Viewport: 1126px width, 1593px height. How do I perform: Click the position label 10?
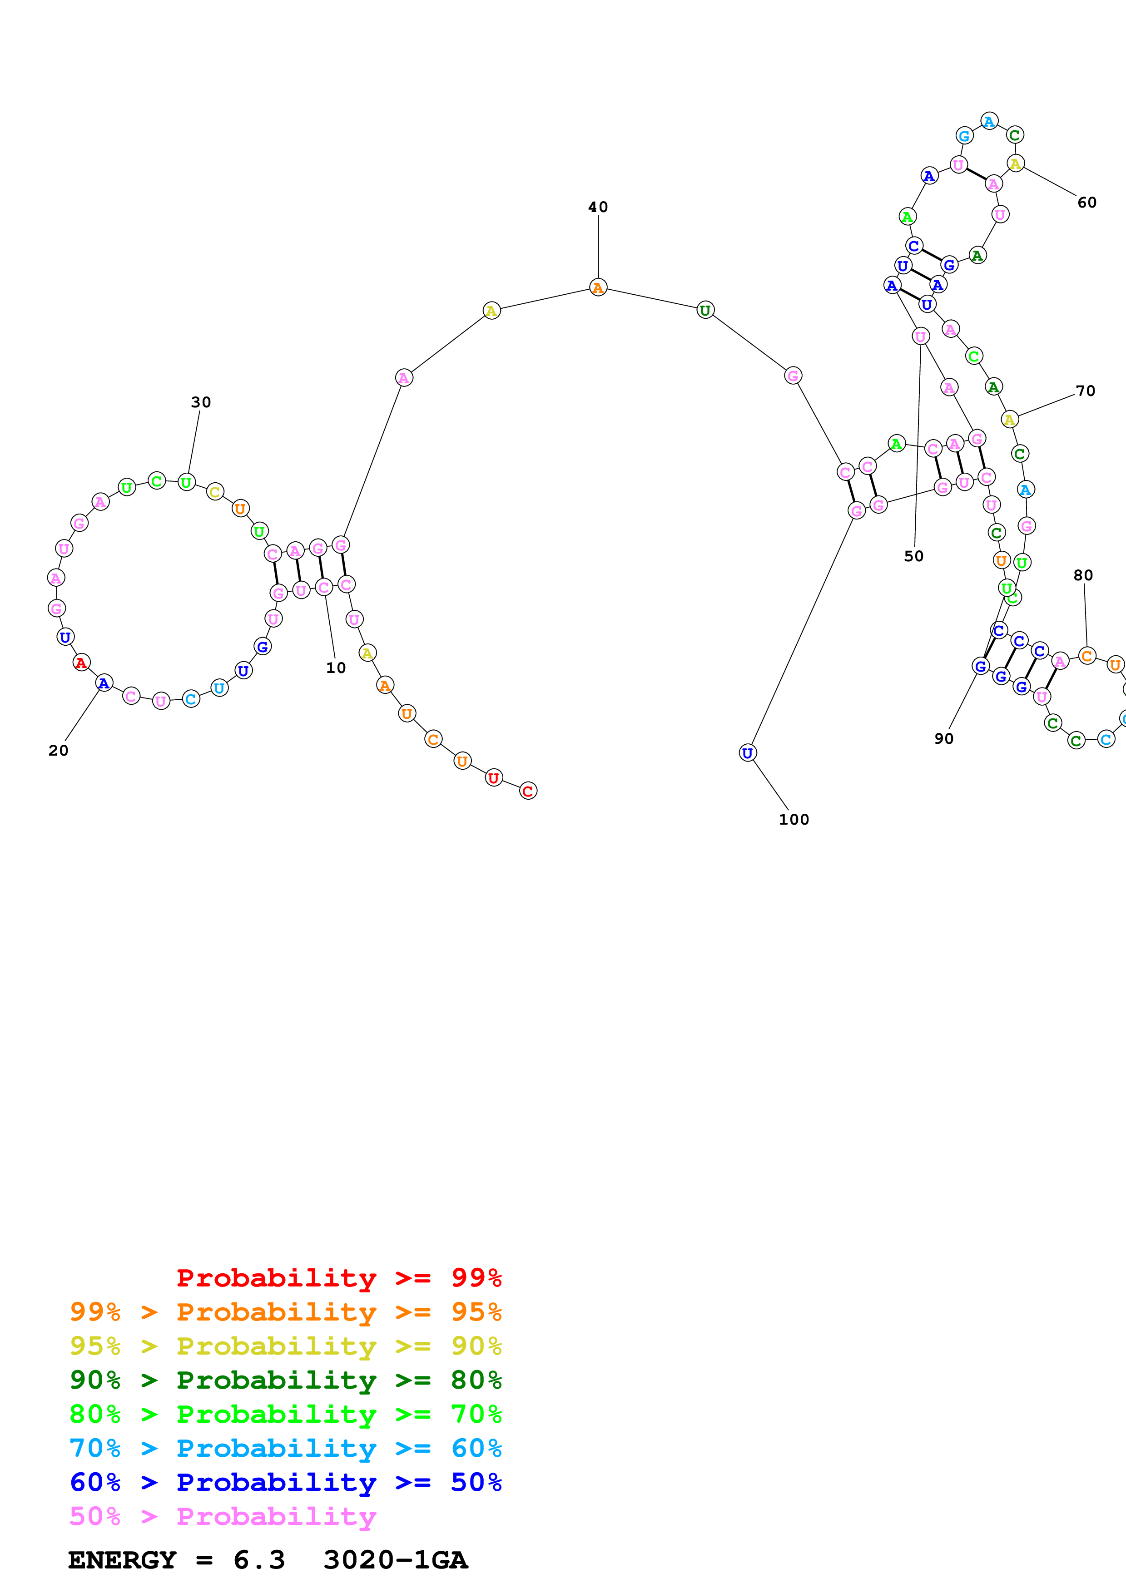[336, 668]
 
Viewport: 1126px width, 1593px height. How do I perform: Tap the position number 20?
[58, 750]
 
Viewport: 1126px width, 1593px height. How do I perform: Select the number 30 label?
[200, 402]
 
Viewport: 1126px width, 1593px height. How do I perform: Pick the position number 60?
[1086, 203]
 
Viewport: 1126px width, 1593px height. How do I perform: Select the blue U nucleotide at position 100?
[747, 753]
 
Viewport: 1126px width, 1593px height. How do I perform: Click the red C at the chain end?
[527, 791]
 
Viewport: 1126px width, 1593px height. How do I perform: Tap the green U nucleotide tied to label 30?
[186, 482]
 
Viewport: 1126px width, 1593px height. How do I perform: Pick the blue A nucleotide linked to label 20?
[104, 683]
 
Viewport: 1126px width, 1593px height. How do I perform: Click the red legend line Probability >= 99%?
[338, 1277]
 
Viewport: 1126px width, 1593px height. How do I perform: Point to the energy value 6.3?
[259, 1560]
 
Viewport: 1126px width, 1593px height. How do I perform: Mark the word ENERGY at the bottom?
[122, 1560]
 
